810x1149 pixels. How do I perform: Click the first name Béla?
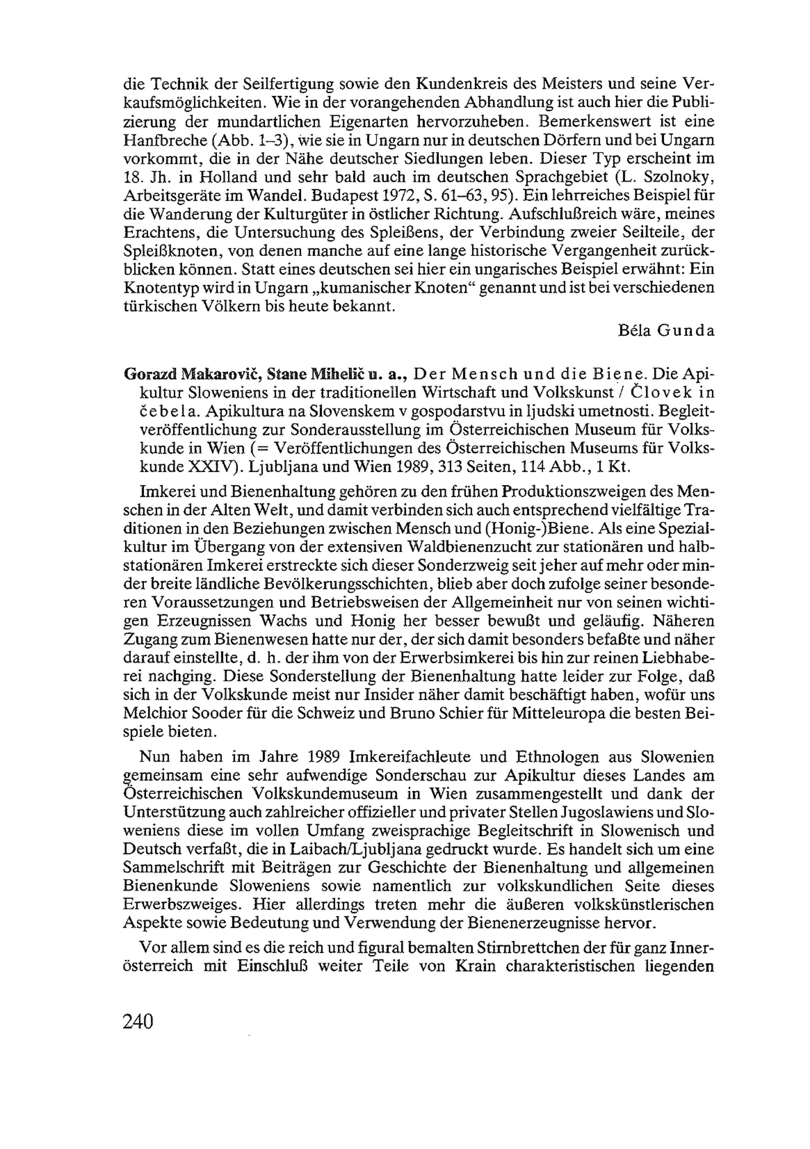[634, 331]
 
